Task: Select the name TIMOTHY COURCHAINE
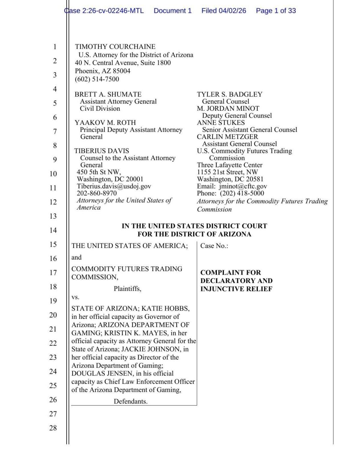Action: (115, 47)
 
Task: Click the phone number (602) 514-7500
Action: (97, 79)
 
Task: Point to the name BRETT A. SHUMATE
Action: (108, 95)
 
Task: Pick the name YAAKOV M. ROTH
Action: (105, 123)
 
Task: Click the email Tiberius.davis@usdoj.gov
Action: (114, 186)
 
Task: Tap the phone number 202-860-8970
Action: (97, 194)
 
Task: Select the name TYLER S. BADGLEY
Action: (229, 95)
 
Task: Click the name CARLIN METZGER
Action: (227, 137)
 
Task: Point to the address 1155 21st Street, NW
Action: (227, 172)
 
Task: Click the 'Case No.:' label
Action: (214, 246)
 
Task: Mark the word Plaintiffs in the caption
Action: (127, 289)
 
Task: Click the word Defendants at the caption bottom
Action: (130, 402)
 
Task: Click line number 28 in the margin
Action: (53, 428)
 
